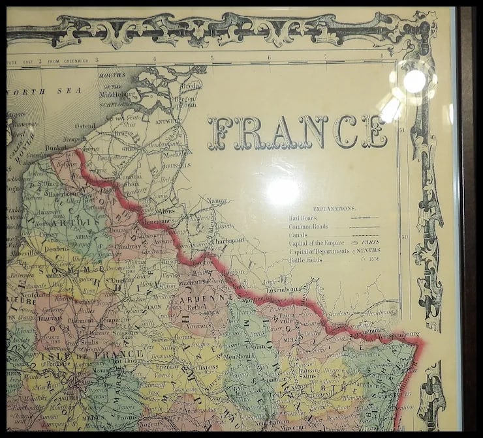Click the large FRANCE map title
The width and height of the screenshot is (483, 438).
tap(297, 132)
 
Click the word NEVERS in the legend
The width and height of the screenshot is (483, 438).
tap(369, 251)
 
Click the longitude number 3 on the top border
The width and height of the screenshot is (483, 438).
tap(97, 60)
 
